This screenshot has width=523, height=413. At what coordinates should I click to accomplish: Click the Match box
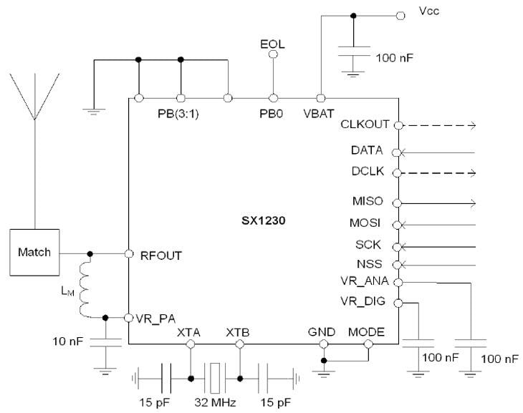point(34,253)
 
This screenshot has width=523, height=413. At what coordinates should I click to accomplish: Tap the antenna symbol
point(34,93)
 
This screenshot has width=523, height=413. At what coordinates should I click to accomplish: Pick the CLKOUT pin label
point(366,125)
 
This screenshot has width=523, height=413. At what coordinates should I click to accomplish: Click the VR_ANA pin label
point(367,282)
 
